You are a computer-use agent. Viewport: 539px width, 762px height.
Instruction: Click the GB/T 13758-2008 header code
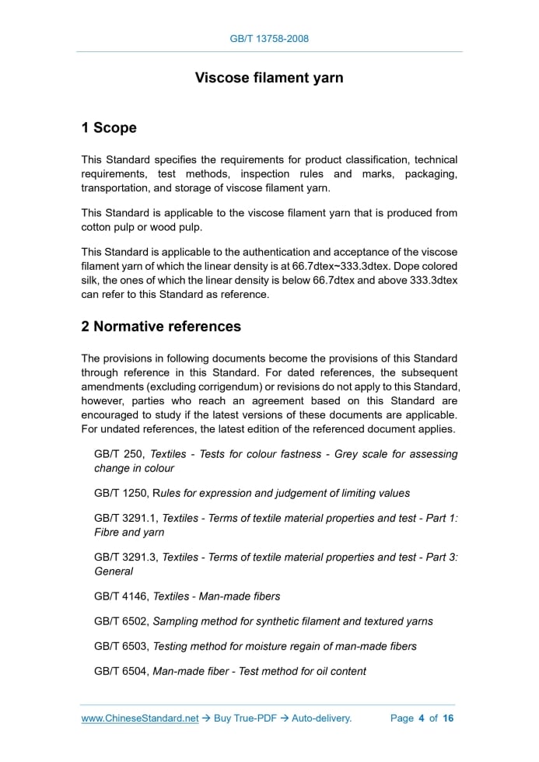coord(269,38)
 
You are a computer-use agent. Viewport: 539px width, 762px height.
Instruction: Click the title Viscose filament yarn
coord(269,78)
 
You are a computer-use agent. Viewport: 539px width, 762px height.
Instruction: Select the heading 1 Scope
coord(109,128)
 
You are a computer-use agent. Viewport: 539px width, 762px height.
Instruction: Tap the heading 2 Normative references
coord(161,327)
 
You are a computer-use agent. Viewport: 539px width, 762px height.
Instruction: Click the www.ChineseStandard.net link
coord(140,718)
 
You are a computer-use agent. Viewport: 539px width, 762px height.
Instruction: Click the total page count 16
coord(448,718)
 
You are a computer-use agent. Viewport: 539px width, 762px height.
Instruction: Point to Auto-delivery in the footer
coord(321,718)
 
